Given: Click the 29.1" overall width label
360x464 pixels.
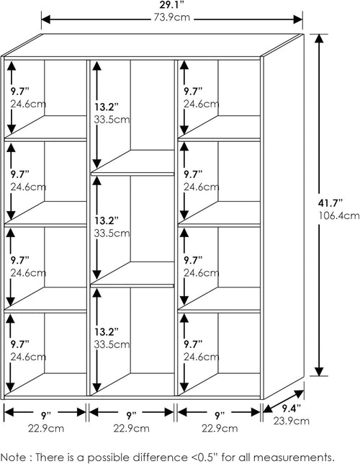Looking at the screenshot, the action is pyautogui.click(x=172, y=6).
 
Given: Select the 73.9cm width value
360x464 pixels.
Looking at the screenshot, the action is pyautogui.click(x=171, y=17).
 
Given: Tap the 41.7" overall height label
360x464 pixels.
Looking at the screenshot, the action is pyautogui.click(x=330, y=203).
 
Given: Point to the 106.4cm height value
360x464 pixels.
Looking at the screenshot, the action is pyautogui.click(x=339, y=215).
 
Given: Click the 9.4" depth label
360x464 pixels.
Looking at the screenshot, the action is pyautogui.click(x=291, y=409).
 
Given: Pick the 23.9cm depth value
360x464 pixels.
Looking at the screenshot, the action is pyautogui.click(x=291, y=421).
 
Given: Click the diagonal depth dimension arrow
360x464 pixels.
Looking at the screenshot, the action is pyautogui.click(x=284, y=401).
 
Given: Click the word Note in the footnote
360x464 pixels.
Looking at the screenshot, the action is pyautogui.click(x=13, y=457).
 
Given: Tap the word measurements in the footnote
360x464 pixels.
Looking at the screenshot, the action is pyautogui.click(x=291, y=457).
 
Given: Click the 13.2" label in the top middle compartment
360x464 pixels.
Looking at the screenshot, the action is pyautogui.click(x=106, y=107).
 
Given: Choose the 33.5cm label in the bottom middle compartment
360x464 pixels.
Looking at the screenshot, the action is pyautogui.click(x=112, y=344).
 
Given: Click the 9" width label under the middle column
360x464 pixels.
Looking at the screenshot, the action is pyautogui.click(x=130, y=416).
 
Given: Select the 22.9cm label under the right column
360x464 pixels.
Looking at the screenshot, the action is pyautogui.click(x=220, y=428).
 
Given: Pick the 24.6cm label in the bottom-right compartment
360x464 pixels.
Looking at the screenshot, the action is pyautogui.click(x=201, y=357).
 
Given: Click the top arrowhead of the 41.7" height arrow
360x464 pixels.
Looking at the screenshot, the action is pyautogui.click(x=319, y=38).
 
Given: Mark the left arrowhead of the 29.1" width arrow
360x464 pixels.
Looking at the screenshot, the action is pyautogui.click(x=46, y=20).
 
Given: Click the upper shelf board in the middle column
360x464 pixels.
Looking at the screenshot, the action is pyautogui.click(x=132, y=174).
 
